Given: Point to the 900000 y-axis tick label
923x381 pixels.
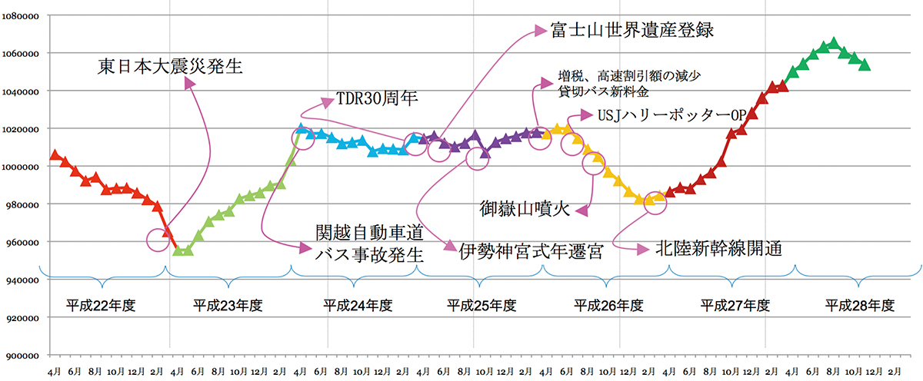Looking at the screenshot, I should point(23,355).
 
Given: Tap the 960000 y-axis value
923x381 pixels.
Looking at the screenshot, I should point(23,242).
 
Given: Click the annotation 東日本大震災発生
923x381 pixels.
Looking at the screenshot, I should point(170,66).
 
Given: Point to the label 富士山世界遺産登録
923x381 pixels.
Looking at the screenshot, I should point(633,31).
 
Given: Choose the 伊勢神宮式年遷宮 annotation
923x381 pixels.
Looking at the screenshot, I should point(531,250).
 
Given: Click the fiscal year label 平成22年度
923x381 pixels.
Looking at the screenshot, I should point(101,305).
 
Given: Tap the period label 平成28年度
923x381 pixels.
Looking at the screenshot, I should point(860,305).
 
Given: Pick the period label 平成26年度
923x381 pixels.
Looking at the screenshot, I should point(608,305).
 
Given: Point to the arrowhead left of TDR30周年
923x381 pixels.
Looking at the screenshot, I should point(329,101).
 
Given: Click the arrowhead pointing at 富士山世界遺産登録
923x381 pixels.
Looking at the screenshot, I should point(541,31).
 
